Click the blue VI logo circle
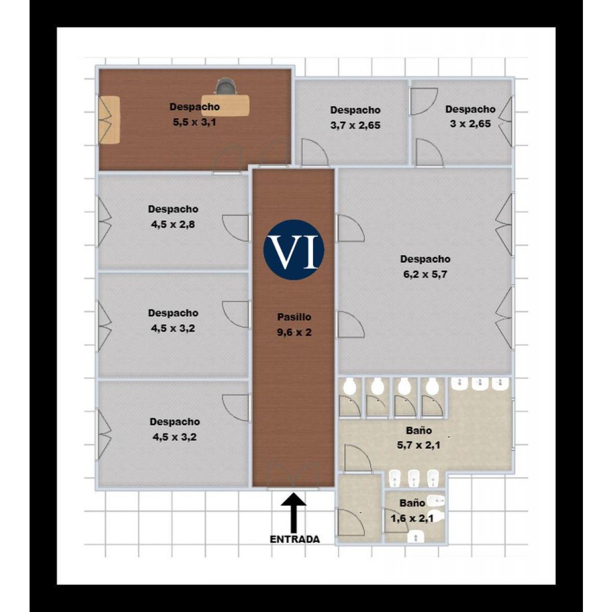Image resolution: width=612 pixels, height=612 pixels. click(293, 249)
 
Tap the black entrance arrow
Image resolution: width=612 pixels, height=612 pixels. click(293, 512)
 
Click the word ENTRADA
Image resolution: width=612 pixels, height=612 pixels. click(294, 539)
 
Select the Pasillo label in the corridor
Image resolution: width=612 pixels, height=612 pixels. click(294, 317)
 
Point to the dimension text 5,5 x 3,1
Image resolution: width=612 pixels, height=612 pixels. click(194, 122)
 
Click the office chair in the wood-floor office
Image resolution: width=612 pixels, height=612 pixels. click(226, 86)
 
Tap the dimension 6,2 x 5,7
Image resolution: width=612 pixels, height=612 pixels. click(425, 274)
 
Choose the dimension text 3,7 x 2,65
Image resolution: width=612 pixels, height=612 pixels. click(355, 125)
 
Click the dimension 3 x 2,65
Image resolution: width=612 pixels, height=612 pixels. click(470, 124)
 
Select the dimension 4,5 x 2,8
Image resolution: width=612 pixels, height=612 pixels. click(173, 224)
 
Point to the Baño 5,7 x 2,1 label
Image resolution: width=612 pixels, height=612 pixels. click(419, 438)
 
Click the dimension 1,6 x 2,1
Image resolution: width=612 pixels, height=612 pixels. click(412, 519)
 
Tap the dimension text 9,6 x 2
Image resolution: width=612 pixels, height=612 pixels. click(294, 332)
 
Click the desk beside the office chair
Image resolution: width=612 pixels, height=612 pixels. click(225, 105)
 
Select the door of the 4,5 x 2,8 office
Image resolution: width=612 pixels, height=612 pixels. click(236, 228)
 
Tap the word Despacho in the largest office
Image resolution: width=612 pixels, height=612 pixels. click(425, 259)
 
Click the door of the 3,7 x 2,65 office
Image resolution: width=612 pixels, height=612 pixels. click(314, 152)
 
